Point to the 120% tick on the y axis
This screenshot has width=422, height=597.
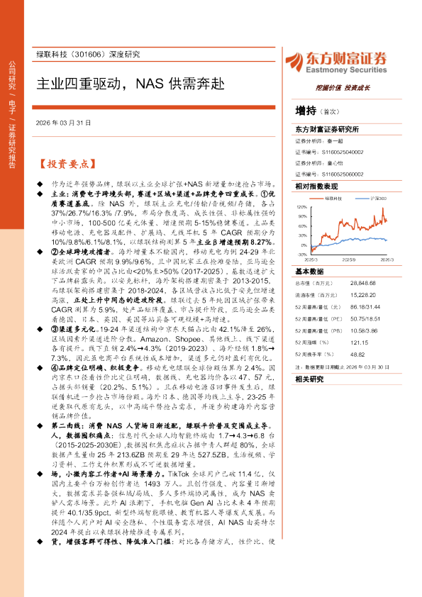302,206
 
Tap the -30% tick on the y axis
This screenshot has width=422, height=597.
302,253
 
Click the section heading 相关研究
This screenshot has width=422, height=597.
309,379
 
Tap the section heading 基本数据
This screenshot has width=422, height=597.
309,272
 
